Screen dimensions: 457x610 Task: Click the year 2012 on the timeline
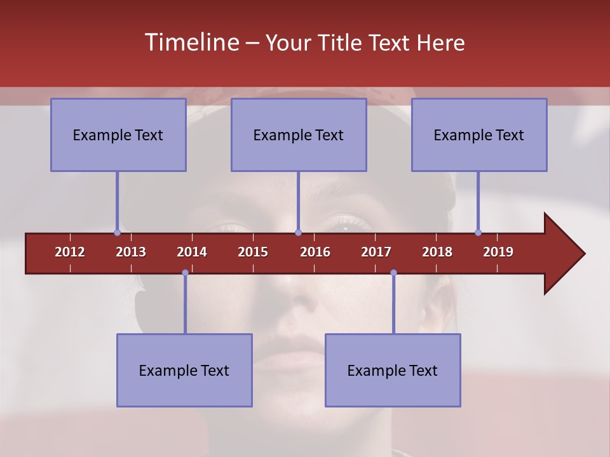[70, 252]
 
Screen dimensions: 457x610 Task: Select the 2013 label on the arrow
[131, 252]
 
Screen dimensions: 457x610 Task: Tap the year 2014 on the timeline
[192, 252]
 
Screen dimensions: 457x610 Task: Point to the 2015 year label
[253, 252]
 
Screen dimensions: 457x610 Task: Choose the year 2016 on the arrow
[315, 252]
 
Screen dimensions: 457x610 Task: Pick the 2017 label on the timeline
[376, 252]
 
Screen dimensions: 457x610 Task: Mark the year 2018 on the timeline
[437, 252]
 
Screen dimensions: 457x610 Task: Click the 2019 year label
[498, 252]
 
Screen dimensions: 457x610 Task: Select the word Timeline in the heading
[191, 43]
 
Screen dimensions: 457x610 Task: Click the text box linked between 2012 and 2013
[118, 135]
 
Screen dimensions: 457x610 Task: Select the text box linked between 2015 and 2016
[299, 135]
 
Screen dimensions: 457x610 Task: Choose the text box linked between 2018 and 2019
[479, 135]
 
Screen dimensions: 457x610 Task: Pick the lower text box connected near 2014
[184, 370]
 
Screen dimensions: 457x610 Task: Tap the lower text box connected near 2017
[393, 370]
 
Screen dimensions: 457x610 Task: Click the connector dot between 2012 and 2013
[117, 232]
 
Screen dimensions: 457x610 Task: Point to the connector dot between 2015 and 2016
[299, 232]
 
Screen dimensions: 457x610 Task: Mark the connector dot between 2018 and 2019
[478, 232]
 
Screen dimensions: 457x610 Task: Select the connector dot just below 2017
[393, 273]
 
